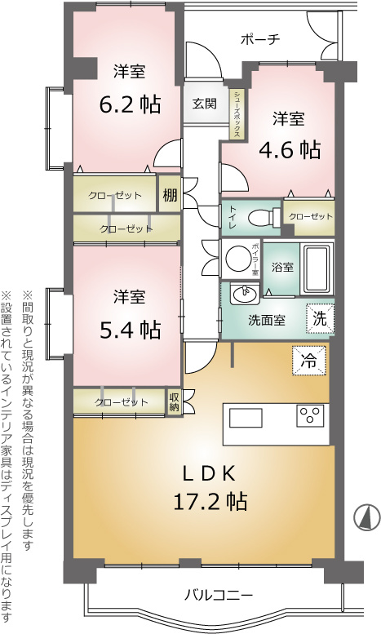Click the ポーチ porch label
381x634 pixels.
[x=260, y=40]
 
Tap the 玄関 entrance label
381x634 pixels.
[x=204, y=104]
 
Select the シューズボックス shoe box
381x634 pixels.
[x=237, y=114]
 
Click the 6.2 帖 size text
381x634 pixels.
[x=130, y=104]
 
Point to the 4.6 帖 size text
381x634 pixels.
[x=289, y=150]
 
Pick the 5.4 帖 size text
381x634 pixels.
[x=130, y=330]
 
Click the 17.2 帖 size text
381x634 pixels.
[x=210, y=501]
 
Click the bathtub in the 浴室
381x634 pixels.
[x=317, y=268]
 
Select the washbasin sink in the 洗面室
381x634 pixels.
[x=245, y=294]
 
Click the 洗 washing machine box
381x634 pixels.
[x=320, y=318]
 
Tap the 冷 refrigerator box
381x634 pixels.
[x=309, y=361]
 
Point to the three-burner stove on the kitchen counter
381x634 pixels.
[x=310, y=415]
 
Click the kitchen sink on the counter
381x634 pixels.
[x=246, y=417]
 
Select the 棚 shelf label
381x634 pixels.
[x=170, y=195]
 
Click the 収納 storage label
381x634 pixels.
[x=174, y=401]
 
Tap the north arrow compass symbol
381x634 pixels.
[x=367, y=517]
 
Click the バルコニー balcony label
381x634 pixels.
[x=219, y=595]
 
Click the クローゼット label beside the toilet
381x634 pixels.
[x=310, y=217]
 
